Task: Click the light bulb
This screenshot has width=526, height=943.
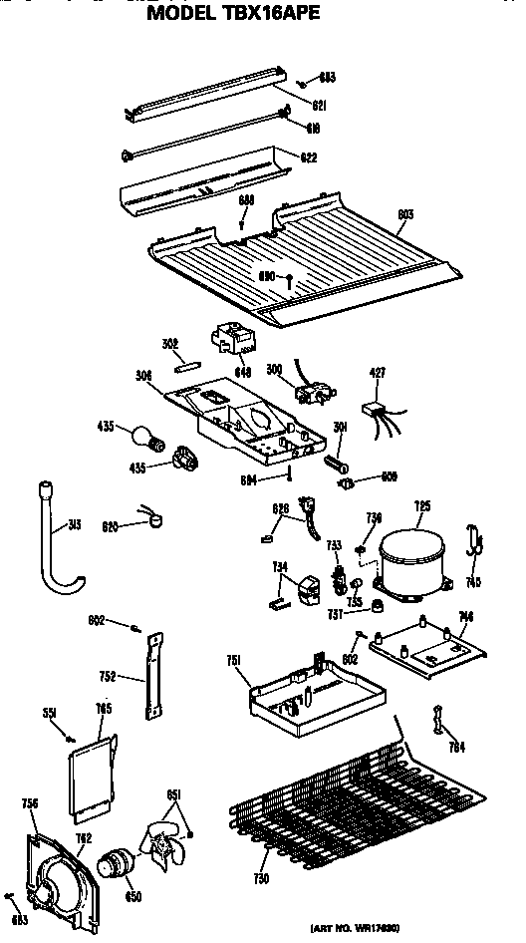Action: pos(141,436)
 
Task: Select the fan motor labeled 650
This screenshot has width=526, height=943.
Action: pos(117,863)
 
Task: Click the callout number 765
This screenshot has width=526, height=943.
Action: pos(104,709)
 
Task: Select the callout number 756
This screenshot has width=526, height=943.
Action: pos(30,803)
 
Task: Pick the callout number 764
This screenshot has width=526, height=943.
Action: pos(455,747)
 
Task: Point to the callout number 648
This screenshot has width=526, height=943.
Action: pos(242,373)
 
